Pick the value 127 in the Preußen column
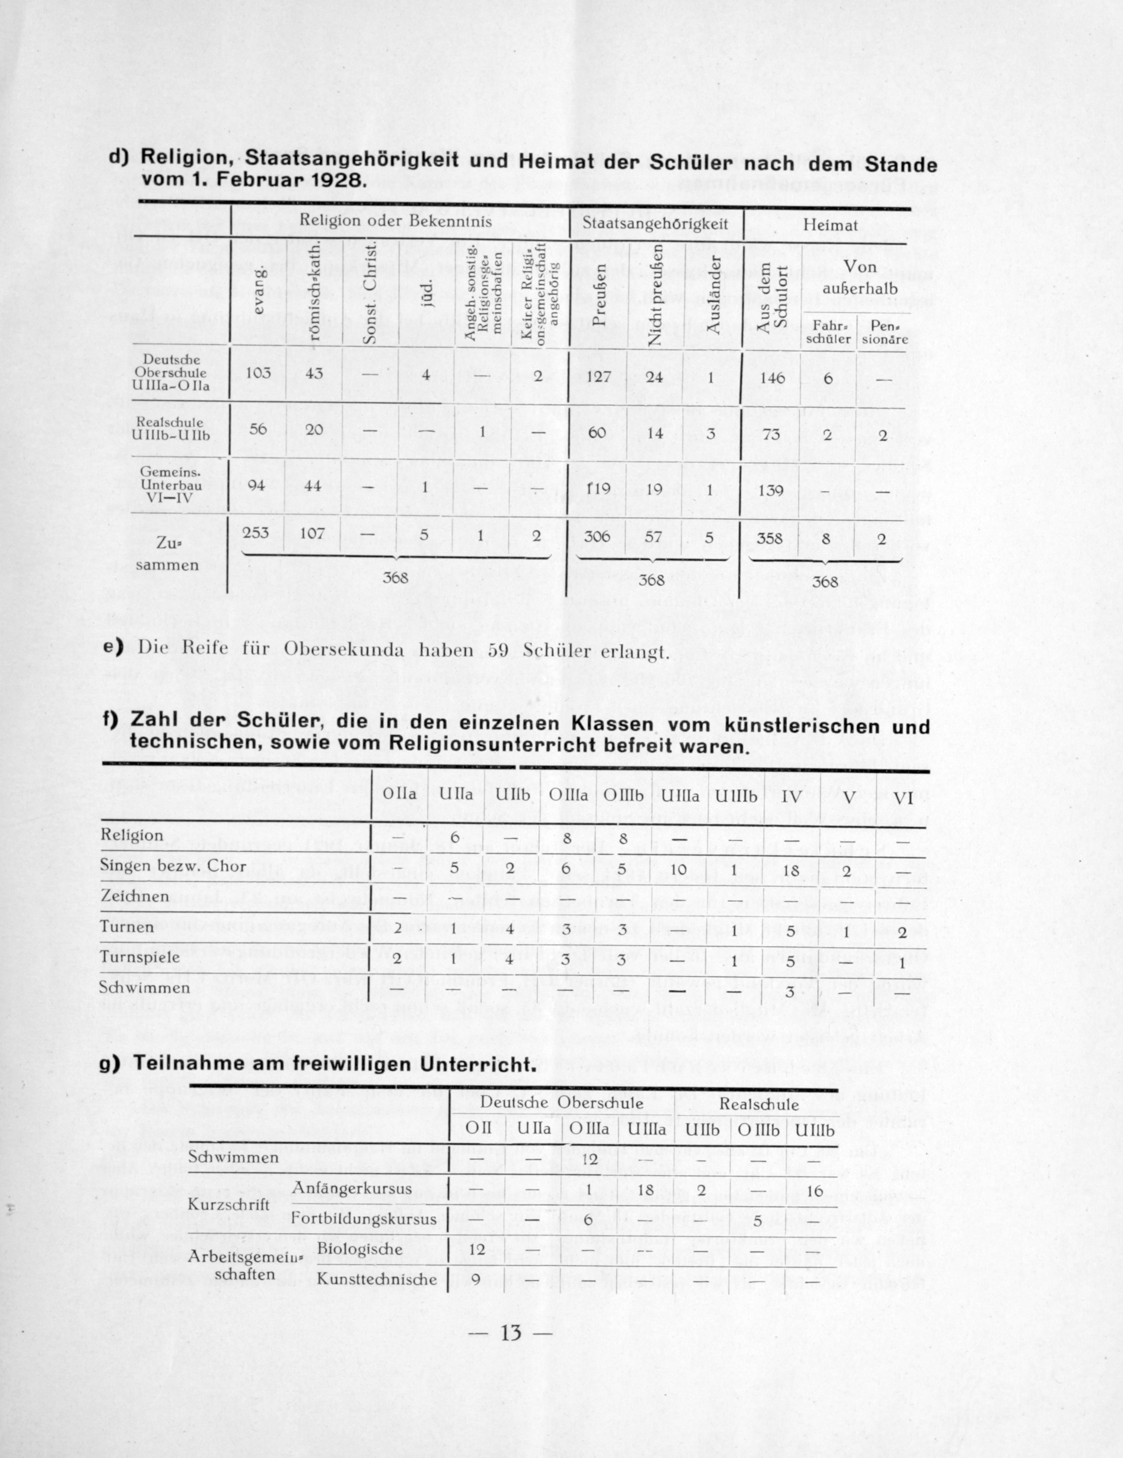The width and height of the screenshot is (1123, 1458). pyautogui.click(x=598, y=376)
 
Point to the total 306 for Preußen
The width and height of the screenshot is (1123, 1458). pyautogui.click(x=597, y=537)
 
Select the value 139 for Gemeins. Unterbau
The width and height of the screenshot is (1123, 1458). pyautogui.click(x=771, y=489)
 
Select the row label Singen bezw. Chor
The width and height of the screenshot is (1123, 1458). pyautogui.click(x=172, y=866)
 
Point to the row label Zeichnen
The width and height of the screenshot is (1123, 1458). pyautogui.click(x=134, y=896)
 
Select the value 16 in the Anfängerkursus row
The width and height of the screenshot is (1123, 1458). pyautogui.click(x=814, y=1191)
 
